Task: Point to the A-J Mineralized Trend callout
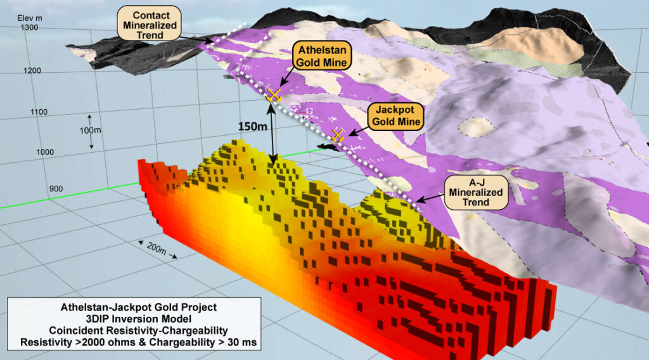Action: pos(475,191)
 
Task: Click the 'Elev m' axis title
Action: pos(30,18)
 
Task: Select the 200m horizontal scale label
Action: pos(155,252)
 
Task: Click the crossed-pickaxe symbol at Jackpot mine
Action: pos(338,134)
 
